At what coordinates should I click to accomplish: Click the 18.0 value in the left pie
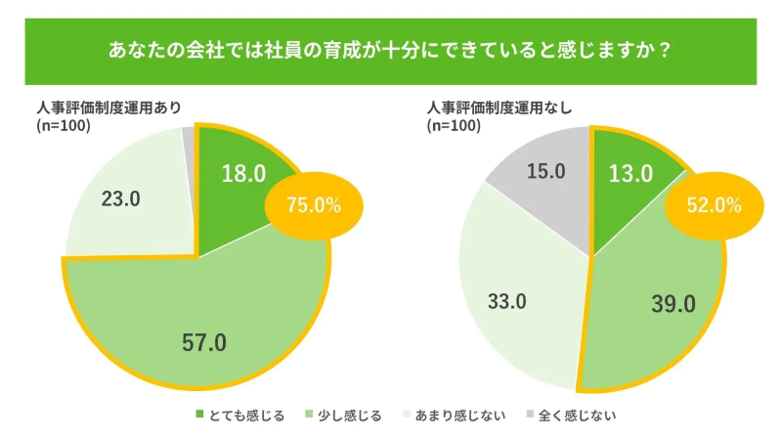(244, 174)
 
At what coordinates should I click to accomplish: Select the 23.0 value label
(121, 198)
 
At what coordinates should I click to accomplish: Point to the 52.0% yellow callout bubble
(713, 205)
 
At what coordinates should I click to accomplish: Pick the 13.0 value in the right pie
(631, 174)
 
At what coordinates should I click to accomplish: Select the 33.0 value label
(506, 301)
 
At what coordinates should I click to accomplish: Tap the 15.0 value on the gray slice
(545, 172)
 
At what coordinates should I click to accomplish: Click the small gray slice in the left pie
(189, 136)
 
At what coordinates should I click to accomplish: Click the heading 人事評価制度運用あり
(109, 108)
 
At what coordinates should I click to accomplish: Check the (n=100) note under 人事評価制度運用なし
(455, 125)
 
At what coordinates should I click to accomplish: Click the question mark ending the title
(665, 49)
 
